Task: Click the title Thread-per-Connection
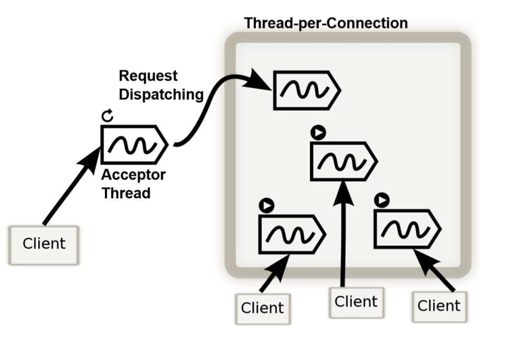(x=326, y=23)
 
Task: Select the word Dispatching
(x=161, y=94)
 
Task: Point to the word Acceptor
(x=133, y=175)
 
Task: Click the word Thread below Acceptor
(x=126, y=193)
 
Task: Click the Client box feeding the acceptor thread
(x=44, y=244)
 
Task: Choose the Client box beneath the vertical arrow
(x=356, y=302)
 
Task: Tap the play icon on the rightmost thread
(x=382, y=200)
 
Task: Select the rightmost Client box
(x=439, y=305)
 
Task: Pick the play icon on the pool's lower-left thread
(x=266, y=205)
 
